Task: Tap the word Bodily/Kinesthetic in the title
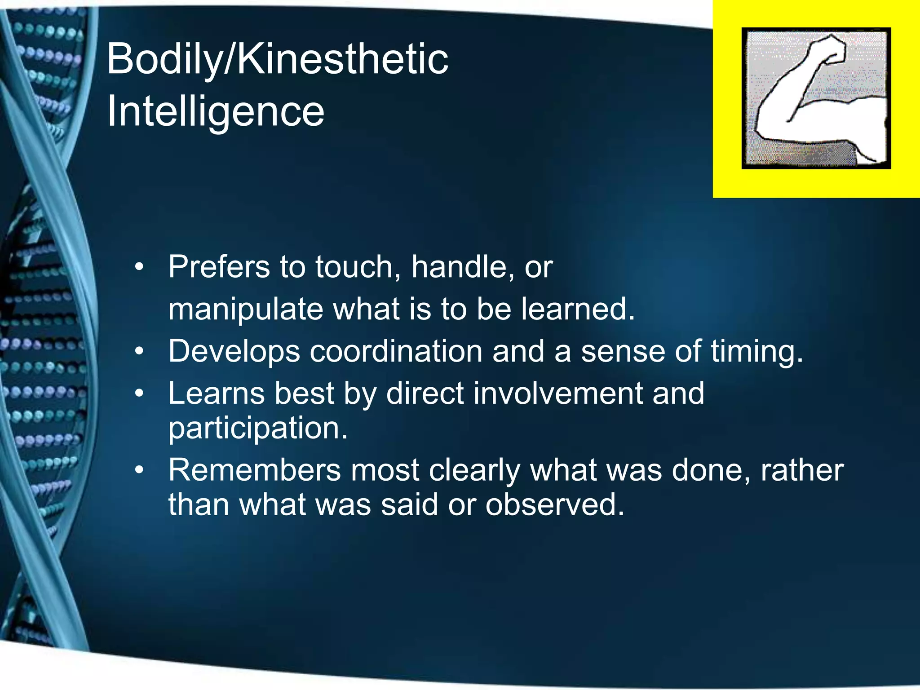click(x=277, y=59)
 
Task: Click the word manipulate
click(x=245, y=310)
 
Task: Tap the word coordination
click(x=396, y=351)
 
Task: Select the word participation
click(x=258, y=429)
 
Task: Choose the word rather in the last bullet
click(x=801, y=470)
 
